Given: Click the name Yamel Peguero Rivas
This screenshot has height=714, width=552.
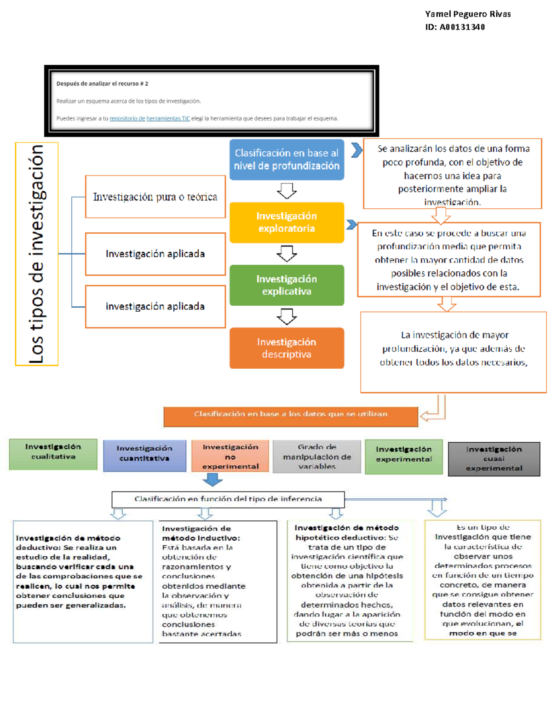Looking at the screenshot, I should (467, 14).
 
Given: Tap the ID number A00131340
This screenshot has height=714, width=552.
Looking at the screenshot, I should (462, 27).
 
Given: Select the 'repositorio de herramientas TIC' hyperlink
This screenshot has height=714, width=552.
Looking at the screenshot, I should (149, 118).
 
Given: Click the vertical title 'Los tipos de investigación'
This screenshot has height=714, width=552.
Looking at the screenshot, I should (37, 254).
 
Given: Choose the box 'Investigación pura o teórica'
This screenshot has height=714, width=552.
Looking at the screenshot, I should (155, 197).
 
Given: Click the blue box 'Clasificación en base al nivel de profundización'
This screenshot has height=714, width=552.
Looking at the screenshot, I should (287, 160).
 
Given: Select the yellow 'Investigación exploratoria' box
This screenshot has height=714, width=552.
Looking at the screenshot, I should (287, 223).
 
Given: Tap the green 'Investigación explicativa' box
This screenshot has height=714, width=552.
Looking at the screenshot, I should (287, 285).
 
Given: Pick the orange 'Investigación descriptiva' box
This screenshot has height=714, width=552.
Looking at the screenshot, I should (287, 348).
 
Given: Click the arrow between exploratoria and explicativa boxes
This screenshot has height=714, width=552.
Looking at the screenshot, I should (287, 253).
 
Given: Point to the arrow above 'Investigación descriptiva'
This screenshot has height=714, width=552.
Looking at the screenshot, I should (287, 316).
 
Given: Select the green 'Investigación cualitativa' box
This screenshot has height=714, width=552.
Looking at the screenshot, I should (53, 454).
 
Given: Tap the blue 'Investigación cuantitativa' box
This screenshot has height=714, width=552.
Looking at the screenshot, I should (144, 456).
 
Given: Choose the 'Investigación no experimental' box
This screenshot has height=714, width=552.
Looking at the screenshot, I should (230, 456).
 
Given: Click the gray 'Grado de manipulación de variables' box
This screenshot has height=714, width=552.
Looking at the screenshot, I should (316, 457).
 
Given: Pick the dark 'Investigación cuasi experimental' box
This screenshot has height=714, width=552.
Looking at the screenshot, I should (494, 459).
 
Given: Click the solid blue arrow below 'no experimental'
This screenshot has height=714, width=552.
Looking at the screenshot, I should (213, 480).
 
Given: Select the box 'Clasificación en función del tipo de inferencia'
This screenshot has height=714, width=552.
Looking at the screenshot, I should (228, 499).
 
